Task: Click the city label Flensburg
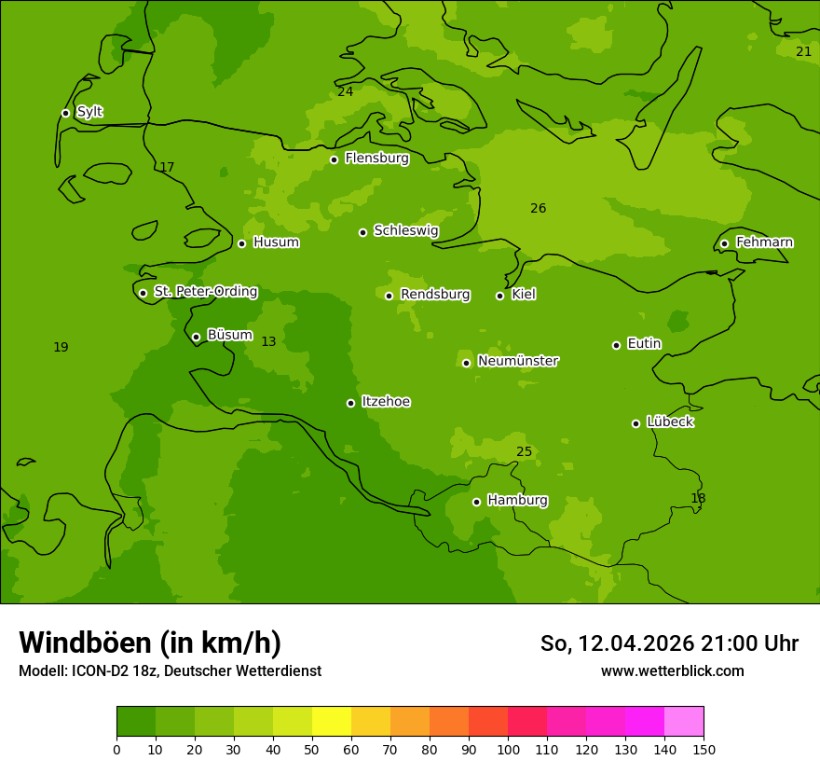376,159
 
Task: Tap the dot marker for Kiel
499,296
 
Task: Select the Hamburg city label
517,501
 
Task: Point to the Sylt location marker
65,113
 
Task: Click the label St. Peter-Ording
205,292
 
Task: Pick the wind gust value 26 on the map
538,208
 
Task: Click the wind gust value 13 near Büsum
268,342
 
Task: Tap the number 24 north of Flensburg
346,91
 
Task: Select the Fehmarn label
764,242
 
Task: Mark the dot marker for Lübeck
635,423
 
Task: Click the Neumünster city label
517,361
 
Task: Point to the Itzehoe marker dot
350,403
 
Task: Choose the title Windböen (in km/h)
150,643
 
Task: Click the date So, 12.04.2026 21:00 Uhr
669,643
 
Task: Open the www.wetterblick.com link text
672,670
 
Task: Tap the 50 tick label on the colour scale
312,749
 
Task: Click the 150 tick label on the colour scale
704,749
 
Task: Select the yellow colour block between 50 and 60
332,722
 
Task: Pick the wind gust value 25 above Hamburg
525,452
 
